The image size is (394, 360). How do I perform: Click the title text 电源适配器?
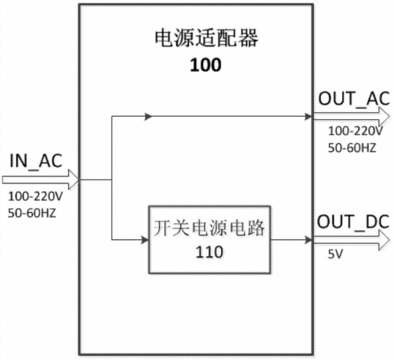(207, 38)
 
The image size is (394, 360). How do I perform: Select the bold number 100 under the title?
(206, 65)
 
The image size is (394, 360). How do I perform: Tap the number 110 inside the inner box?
(209, 252)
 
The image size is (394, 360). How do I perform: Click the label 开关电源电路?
(209, 228)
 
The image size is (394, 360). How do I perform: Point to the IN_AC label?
(36, 161)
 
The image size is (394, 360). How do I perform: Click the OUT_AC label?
(354, 98)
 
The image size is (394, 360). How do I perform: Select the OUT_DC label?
(353, 222)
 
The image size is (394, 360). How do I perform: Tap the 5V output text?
(336, 254)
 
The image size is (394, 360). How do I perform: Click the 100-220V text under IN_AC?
(35, 197)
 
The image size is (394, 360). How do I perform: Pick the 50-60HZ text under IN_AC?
(32, 213)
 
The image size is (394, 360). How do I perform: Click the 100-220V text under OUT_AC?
(356, 131)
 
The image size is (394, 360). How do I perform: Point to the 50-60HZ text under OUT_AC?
(352, 148)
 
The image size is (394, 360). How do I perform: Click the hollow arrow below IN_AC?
(40, 179)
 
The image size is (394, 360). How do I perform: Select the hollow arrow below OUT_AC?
(352, 117)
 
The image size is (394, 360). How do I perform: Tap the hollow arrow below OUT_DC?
(352, 240)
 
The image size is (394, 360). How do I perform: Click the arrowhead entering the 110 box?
(145, 240)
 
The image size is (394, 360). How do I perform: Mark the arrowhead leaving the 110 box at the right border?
(308, 240)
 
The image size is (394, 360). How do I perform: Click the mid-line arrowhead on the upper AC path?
(148, 117)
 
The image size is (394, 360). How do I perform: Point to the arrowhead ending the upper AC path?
(308, 117)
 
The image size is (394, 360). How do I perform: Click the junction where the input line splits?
(112, 179)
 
